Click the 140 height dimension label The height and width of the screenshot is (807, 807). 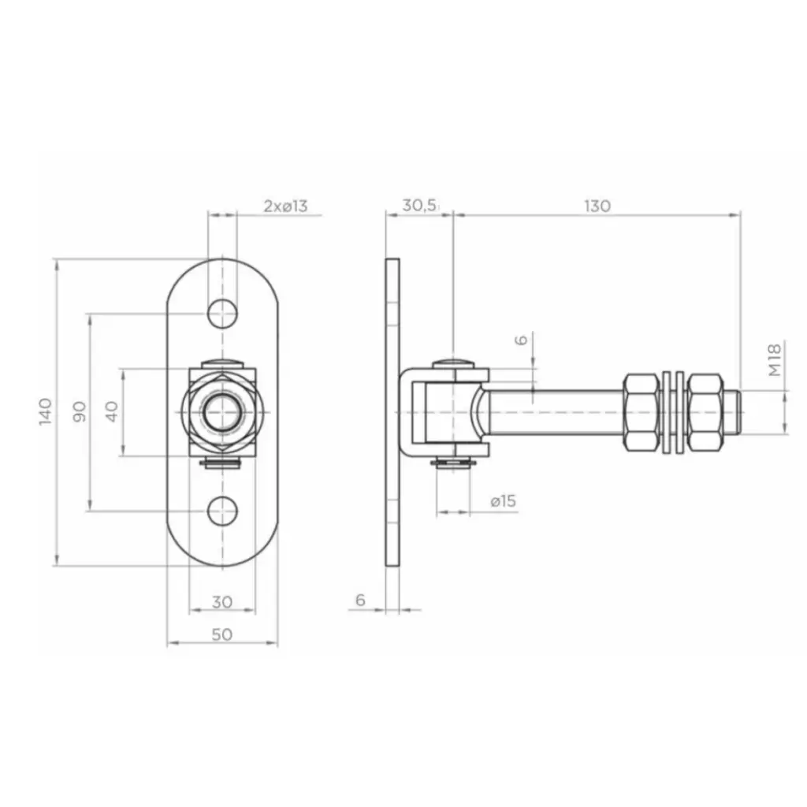click(x=45, y=411)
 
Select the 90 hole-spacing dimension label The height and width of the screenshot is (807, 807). click(x=80, y=411)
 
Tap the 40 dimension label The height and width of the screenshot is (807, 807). click(x=112, y=411)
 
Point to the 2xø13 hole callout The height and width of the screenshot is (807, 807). click(x=285, y=206)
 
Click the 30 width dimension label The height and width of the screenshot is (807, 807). click(x=222, y=601)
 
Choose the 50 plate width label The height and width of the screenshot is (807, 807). click(x=222, y=634)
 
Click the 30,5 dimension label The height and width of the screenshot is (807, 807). click(x=419, y=206)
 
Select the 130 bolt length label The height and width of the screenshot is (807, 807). click(x=597, y=206)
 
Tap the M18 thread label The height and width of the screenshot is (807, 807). click(x=775, y=359)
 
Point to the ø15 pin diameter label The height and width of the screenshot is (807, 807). click(x=504, y=500)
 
